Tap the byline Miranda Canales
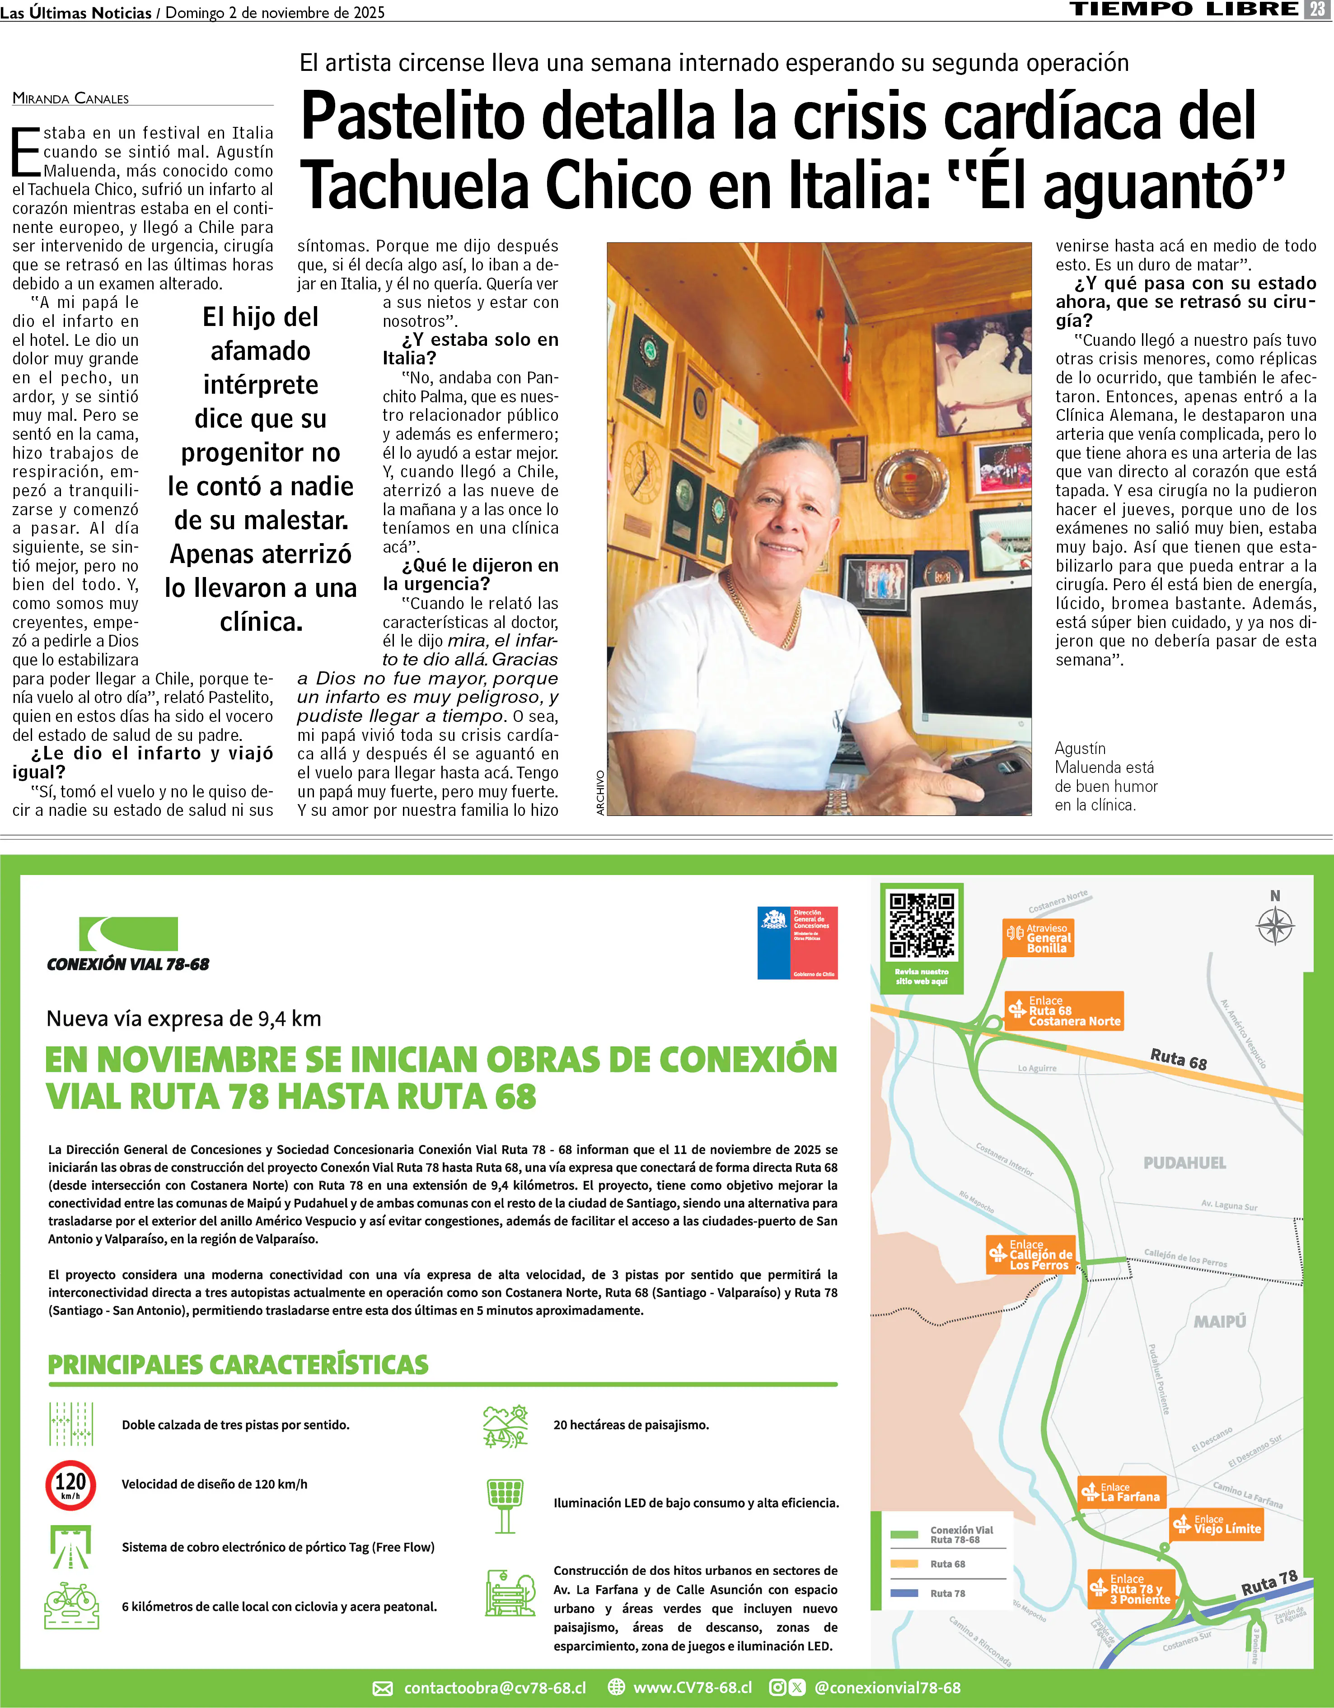tap(70, 98)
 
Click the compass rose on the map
tap(1274, 927)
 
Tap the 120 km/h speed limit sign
tap(70, 1485)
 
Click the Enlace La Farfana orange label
tap(1121, 1492)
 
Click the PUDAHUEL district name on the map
tap(1184, 1163)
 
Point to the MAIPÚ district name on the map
tap(1219, 1322)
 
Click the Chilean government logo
tap(797, 942)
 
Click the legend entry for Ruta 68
tap(947, 1564)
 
